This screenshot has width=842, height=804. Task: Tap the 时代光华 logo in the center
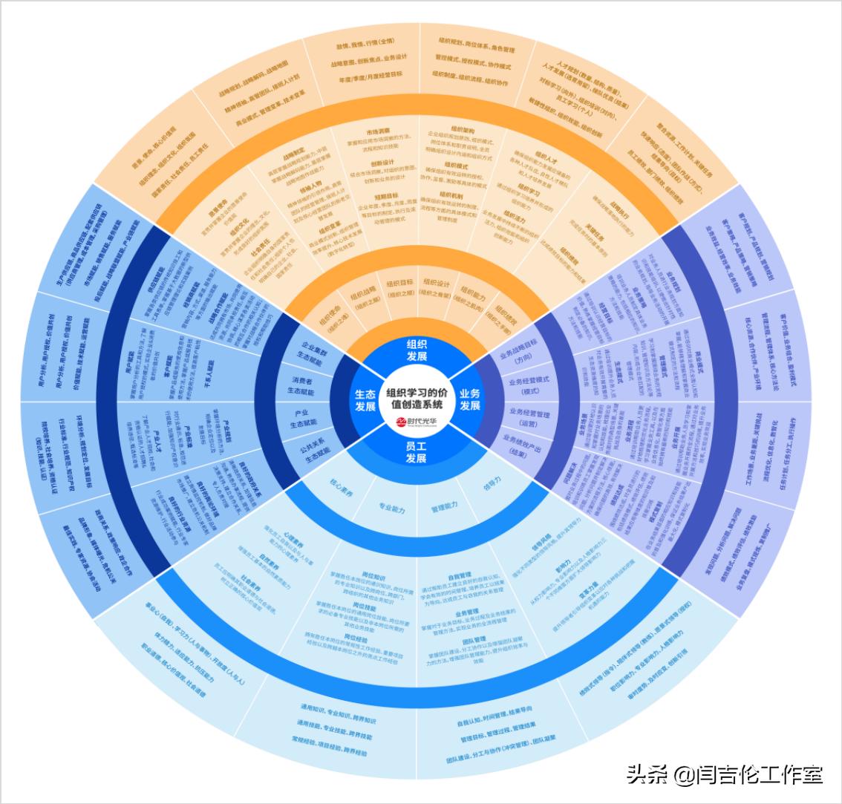(416, 422)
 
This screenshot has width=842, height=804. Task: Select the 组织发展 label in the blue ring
(417, 350)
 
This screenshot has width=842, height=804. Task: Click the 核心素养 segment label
(341, 493)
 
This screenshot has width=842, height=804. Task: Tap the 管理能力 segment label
(443, 506)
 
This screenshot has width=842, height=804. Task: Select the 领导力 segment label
(492, 481)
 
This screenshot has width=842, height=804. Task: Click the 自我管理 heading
(460, 575)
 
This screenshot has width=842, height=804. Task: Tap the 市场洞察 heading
(378, 131)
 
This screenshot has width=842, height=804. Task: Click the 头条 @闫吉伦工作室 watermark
(724, 775)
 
